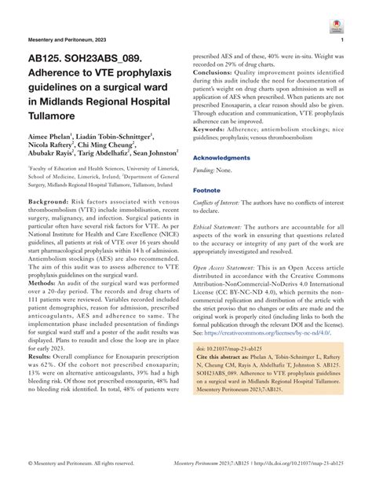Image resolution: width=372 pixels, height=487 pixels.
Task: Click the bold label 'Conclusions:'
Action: click(216, 71)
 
